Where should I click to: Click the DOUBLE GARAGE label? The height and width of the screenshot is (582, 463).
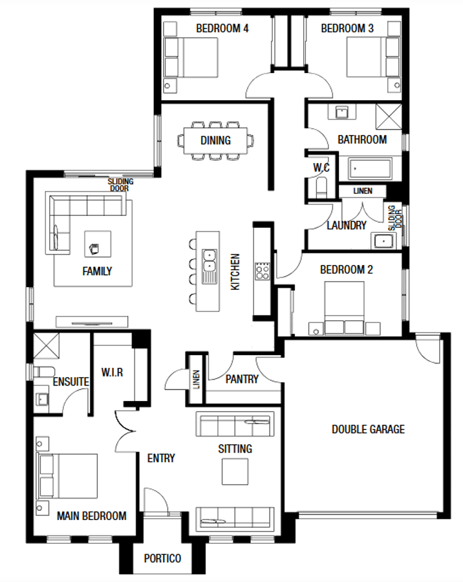pos(368,429)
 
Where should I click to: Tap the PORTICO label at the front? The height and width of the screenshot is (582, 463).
pos(162,558)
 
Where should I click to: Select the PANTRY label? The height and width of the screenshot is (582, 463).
pos(242,379)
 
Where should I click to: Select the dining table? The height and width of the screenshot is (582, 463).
pos(215,140)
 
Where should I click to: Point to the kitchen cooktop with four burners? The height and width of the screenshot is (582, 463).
pos(263,270)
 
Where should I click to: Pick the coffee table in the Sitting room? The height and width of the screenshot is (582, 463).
pos(235,471)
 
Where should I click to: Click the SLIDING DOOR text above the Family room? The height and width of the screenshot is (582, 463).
pos(120,185)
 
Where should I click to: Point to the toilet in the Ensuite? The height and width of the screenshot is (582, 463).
pos(43,373)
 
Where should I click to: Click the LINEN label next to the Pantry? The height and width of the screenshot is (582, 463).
pos(195,379)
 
